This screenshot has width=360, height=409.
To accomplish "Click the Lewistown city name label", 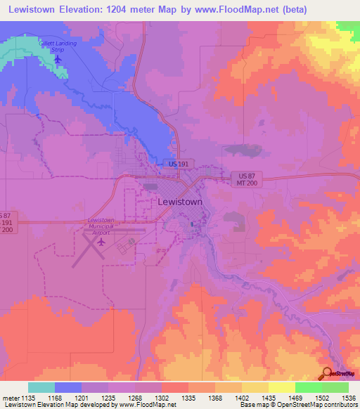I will (x=179, y=201).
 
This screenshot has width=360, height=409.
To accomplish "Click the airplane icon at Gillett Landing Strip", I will (x=58, y=58).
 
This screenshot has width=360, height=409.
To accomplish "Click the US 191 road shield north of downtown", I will (x=178, y=163).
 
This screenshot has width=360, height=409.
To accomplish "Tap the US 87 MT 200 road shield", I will (x=243, y=178).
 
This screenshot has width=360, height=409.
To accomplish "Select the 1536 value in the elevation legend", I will (x=348, y=398).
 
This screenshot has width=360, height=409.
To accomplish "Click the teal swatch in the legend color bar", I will (x=41, y=387).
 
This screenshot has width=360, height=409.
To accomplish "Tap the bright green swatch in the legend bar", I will (x=309, y=387).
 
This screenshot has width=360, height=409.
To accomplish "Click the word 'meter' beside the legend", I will (x=12, y=398).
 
